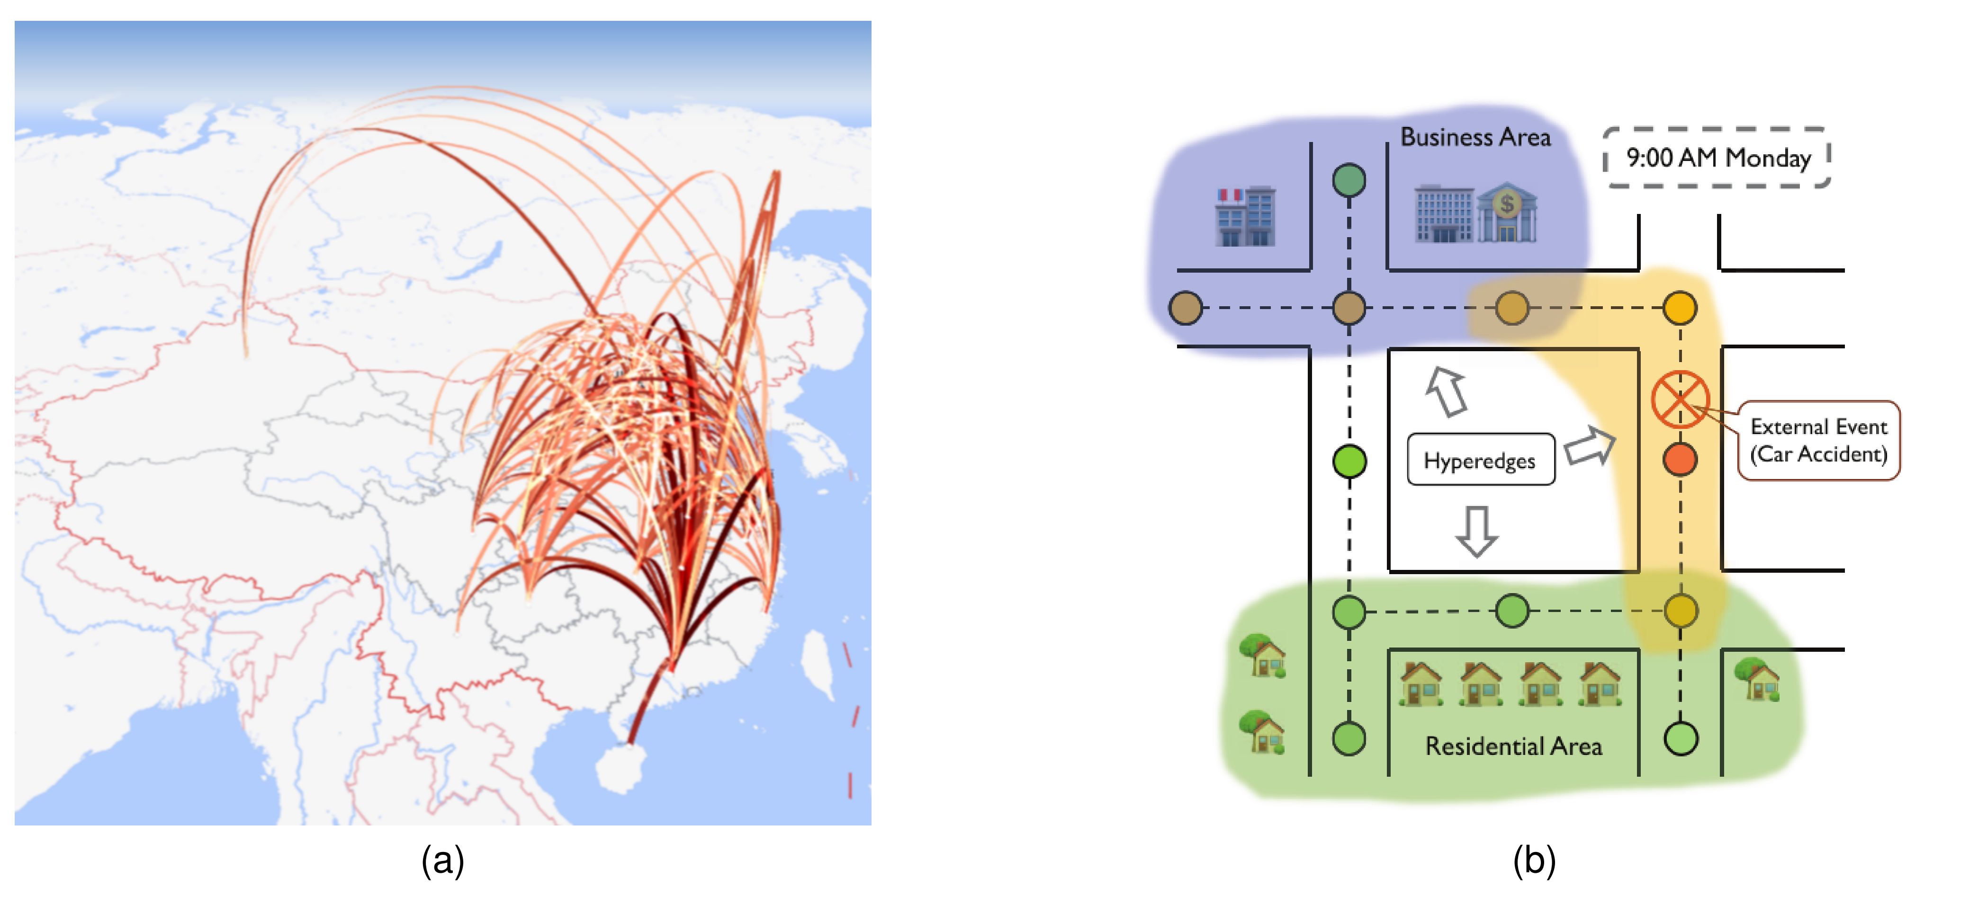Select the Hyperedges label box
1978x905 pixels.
tap(1480, 460)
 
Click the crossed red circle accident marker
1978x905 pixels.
tap(1679, 399)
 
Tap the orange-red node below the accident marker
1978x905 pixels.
tap(1679, 460)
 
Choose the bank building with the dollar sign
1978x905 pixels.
tap(1507, 213)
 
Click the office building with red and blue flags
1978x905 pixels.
tap(1245, 216)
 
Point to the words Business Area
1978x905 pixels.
tap(1475, 137)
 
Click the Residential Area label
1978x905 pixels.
tap(1513, 746)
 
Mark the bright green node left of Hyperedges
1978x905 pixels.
tap(1349, 461)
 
